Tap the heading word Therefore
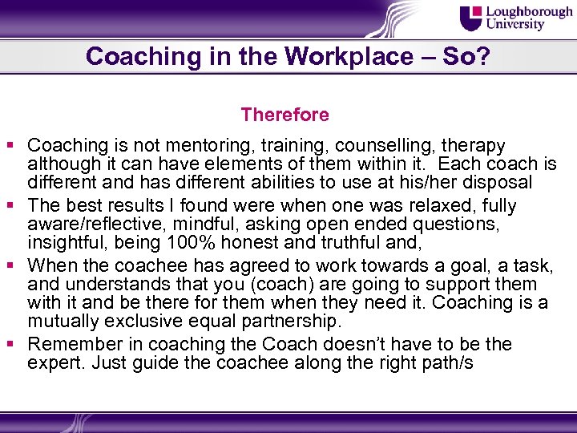coord(284,115)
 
